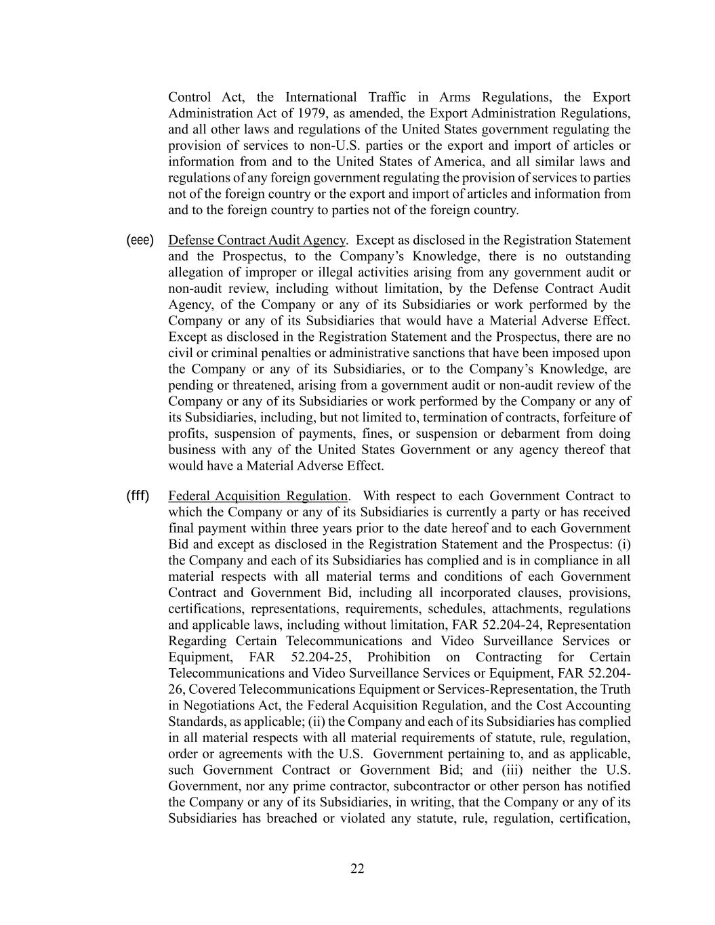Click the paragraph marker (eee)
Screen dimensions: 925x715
[140, 240]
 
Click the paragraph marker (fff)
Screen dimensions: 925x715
[138, 495]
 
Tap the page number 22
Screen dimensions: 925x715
[357, 869]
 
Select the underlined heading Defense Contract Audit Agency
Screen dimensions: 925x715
[257, 240]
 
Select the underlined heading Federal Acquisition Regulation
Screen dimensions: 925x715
[258, 496]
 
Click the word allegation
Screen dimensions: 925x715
[196, 272]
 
